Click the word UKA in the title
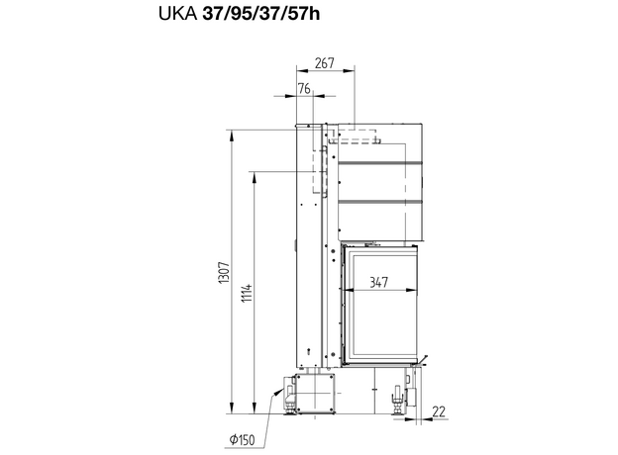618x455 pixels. coord(177,14)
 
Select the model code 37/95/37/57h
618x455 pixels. coord(260,14)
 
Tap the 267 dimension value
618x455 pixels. coord(325,63)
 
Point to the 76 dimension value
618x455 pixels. coord(304,89)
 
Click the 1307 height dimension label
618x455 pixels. coord(224,272)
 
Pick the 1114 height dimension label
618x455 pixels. coord(247,293)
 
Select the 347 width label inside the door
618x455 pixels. coord(378,282)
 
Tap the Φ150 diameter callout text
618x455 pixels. coord(243,439)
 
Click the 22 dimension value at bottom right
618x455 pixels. coord(439,411)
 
